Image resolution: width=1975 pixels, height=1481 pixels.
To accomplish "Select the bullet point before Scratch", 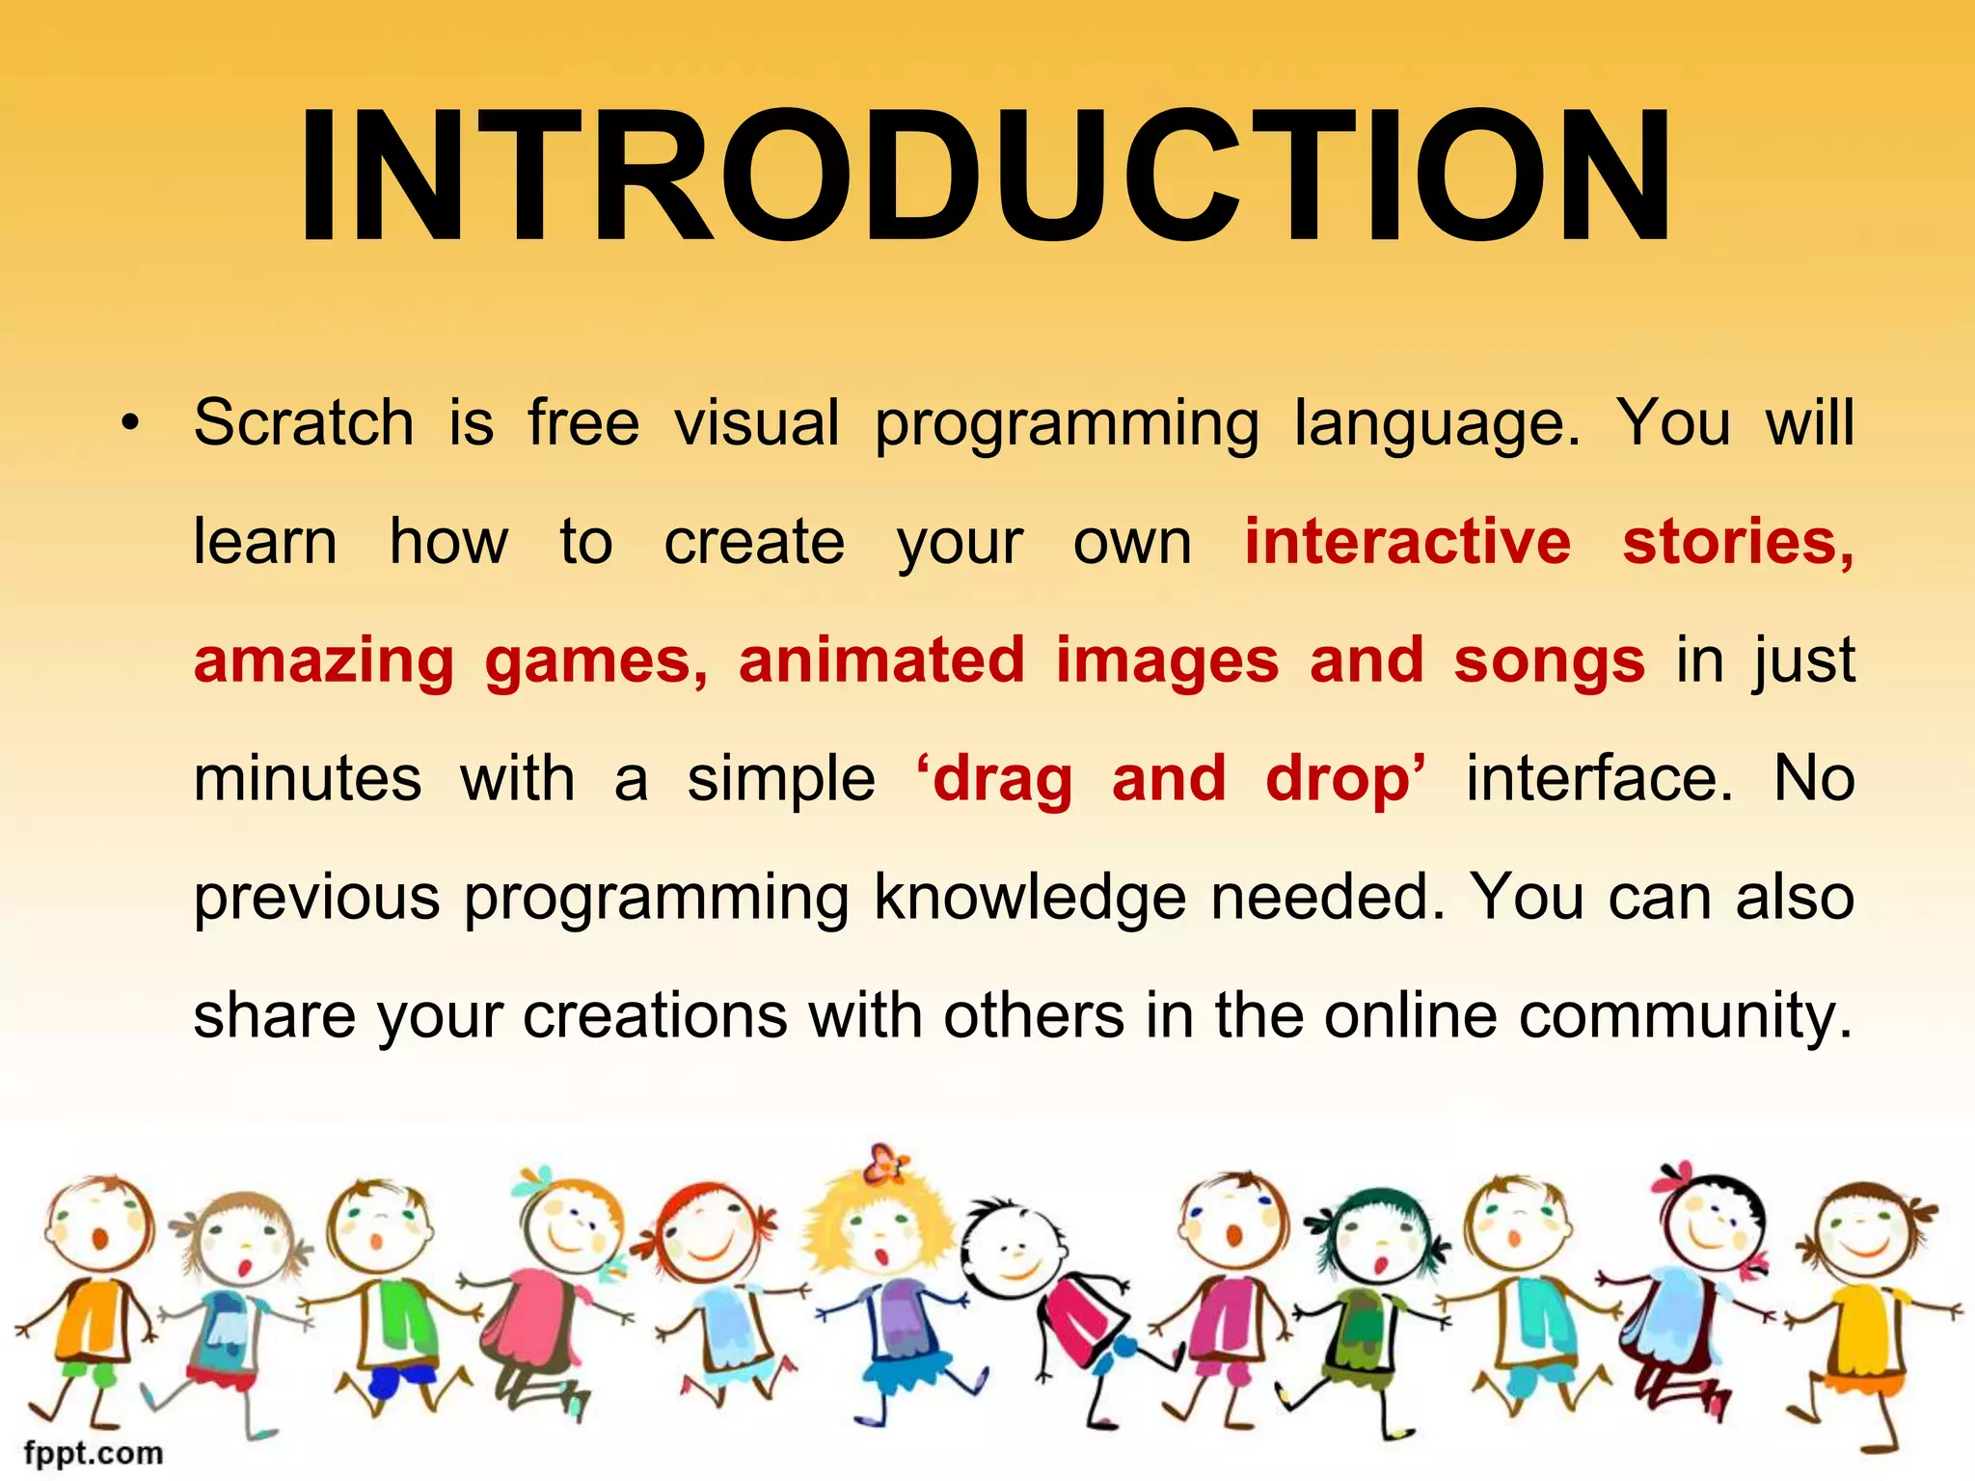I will [x=130, y=423].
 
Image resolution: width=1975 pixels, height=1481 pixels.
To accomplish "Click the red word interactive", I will [x=1407, y=541].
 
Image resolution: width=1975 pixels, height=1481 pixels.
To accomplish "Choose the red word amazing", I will [x=324, y=661].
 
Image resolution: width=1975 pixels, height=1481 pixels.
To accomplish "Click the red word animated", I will [x=881, y=660].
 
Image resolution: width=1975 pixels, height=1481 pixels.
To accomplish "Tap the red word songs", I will [x=1549, y=661].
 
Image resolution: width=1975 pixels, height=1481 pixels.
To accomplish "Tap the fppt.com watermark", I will [x=94, y=1452].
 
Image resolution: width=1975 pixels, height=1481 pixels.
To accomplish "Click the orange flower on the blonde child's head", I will [x=885, y=1164].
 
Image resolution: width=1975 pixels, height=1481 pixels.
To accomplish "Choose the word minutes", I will [x=308, y=779].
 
